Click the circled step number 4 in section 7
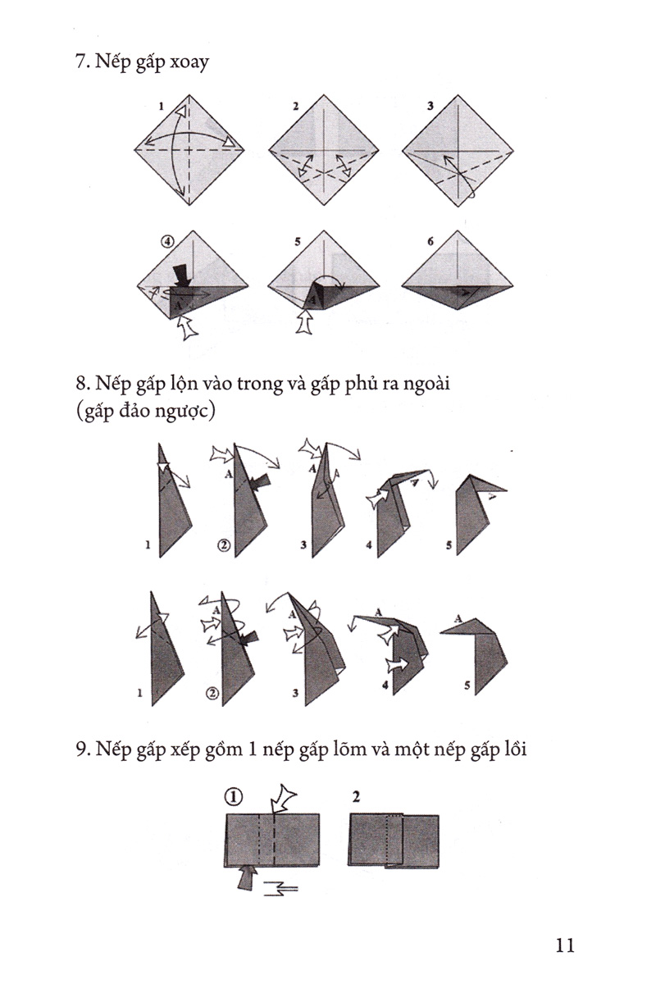pos(167,242)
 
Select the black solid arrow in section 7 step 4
pos(182,276)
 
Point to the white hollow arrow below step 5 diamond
pos(305,321)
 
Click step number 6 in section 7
pos(430,242)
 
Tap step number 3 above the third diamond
pos(430,106)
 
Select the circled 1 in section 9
pos(233,797)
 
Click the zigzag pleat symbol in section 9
pos(280,888)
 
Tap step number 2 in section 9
pos(356,797)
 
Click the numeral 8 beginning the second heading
pos(80,385)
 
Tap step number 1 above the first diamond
pos(161,106)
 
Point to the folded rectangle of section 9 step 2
pos(394,841)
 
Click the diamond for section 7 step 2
pos(324,150)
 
